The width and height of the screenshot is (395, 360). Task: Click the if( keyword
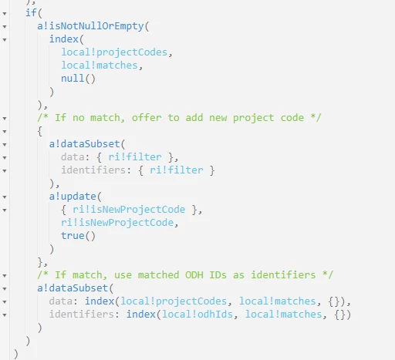pos(34,12)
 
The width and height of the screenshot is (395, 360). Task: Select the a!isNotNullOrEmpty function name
pos(90,26)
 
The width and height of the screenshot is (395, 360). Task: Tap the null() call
pos(78,79)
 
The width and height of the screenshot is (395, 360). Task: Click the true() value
pos(78,236)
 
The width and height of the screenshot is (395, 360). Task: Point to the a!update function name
pos(73,197)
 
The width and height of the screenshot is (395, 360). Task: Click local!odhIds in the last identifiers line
pos(197,315)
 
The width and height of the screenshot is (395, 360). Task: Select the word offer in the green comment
pos(147,118)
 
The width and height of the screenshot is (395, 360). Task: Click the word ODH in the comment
pos(194,275)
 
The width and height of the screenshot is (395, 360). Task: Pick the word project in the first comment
pos(253,118)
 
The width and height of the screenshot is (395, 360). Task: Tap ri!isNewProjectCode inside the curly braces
pos(129,210)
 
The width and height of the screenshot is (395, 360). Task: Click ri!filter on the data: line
pos(135,157)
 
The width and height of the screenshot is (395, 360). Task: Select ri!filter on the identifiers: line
pos(177,170)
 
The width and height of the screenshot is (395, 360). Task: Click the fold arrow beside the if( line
pos(5,13)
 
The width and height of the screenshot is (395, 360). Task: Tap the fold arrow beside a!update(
pos(5,197)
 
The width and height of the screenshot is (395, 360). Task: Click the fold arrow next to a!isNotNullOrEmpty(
pos(5,26)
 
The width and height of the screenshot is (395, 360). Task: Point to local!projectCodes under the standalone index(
pos(114,52)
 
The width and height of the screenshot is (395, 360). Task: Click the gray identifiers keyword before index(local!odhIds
pos(82,315)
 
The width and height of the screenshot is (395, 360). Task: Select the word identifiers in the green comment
pos(283,275)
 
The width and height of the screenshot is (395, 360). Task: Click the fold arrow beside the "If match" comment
pos(5,276)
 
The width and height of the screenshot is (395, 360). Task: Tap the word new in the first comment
pos(218,118)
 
